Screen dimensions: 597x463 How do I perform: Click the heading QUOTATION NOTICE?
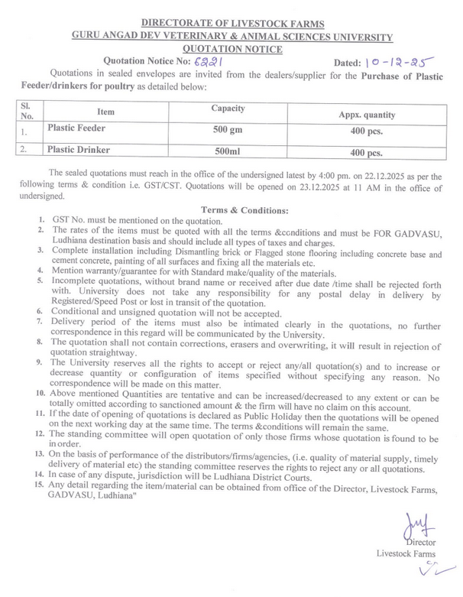[x=231, y=49]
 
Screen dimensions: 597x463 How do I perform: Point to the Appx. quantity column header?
[x=367, y=115]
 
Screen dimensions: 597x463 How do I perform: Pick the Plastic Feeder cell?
[x=76, y=128]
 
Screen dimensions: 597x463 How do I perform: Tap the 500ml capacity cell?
[x=227, y=151]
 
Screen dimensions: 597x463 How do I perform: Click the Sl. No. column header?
[x=27, y=112]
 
